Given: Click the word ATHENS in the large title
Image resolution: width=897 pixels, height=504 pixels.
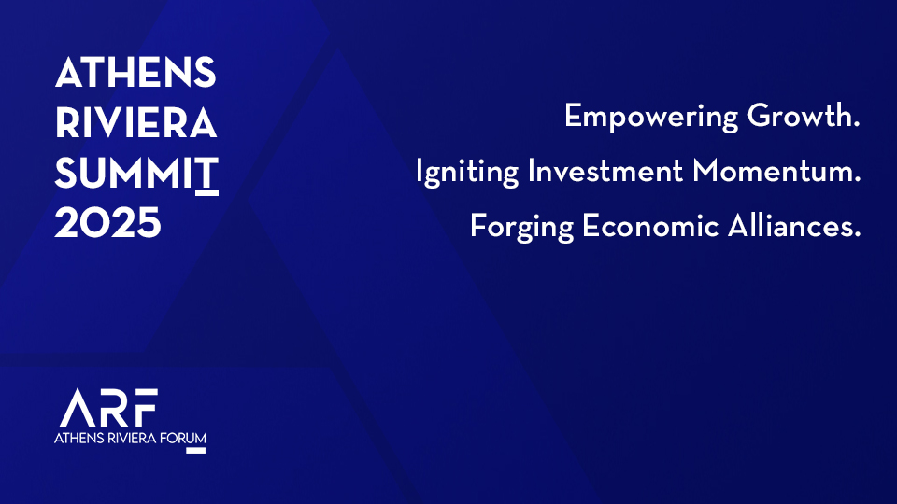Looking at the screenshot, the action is pyautogui.click(x=135, y=73).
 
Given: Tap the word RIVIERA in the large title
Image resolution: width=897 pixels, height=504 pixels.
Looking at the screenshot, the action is pyautogui.click(x=136, y=123).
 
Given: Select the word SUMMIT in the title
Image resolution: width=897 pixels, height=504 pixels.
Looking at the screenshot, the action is pyautogui.click(x=136, y=174).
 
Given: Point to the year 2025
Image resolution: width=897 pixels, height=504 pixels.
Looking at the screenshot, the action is pyautogui.click(x=108, y=223).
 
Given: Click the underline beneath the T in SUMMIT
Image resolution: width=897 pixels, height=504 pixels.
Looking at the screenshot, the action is pyautogui.click(x=206, y=194).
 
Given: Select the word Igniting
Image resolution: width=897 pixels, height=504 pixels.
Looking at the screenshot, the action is pyautogui.click(x=467, y=172).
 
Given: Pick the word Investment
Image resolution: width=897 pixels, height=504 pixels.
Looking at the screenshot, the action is pyautogui.click(x=605, y=171).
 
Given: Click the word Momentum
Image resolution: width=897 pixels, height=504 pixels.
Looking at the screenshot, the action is pyautogui.click(x=776, y=171).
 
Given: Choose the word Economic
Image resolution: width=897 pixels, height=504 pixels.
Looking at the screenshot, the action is pyautogui.click(x=650, y=226).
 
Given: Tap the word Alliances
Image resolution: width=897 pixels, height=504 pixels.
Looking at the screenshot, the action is pyautogui.click(x=794, y=225).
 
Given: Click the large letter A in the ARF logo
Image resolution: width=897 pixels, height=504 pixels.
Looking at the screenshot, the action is pyautogui.click(x=78, y=408).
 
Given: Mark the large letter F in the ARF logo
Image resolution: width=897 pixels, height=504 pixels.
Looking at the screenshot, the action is pyautogui.click(x=146, y=408).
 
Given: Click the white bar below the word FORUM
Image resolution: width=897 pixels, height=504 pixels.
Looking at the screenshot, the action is pyautogui.click(x=195, y=451).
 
